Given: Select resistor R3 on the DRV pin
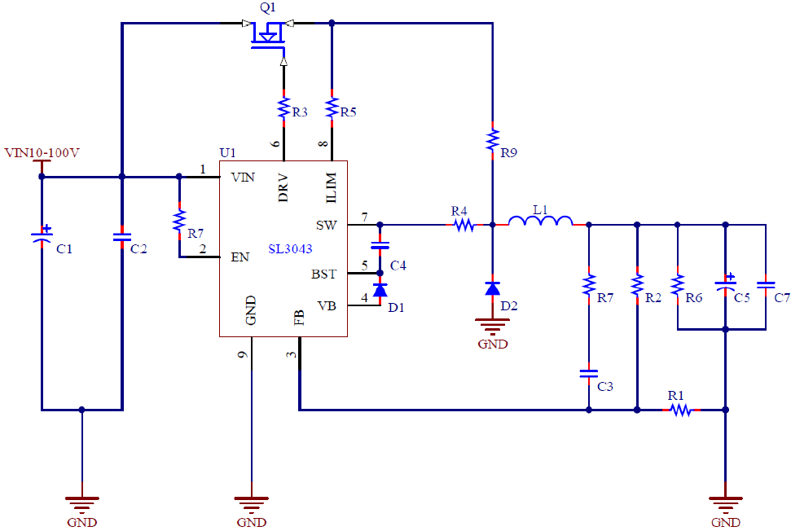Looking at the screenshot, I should [x=283, y=108].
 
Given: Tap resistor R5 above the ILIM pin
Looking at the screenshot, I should [x=332, y=108].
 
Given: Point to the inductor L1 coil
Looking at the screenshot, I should [x=540, y=221].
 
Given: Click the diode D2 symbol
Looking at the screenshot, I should [x=492, y=288].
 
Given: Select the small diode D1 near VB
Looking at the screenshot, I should [x=380, y=290].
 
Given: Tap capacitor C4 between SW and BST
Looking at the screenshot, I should [x=380, y=244].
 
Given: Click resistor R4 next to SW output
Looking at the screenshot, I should [x=464, y=224].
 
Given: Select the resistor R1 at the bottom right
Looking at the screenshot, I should [x=680, y=410].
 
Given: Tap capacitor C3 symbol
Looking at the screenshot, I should [x=587, y=374].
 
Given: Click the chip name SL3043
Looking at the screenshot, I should [x=291, y=249].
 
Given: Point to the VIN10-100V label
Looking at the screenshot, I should [x=42, y=152].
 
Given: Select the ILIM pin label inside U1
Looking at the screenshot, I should [x=331, y=186].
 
